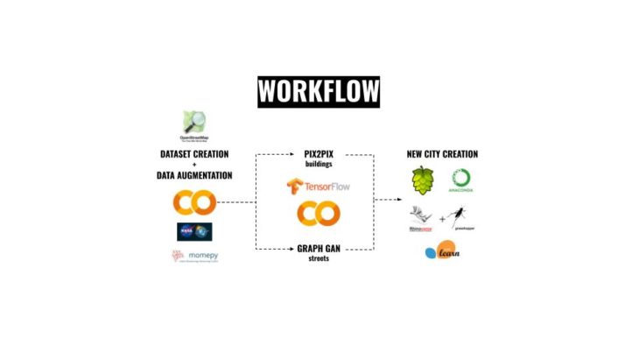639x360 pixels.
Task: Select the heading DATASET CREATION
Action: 194,155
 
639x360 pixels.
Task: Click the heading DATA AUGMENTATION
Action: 194,175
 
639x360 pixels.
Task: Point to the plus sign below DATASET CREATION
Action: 194,165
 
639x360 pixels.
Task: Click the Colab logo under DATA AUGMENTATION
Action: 194,203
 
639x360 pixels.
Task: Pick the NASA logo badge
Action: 194,231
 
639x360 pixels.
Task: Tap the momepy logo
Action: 193,257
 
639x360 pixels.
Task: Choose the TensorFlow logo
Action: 319,187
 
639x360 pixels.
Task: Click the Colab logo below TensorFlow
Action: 318,214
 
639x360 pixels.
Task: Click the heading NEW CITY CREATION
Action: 443,155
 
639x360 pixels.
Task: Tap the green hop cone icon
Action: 424,181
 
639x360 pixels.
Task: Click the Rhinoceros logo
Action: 421,218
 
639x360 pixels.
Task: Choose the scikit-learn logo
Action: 442,251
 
